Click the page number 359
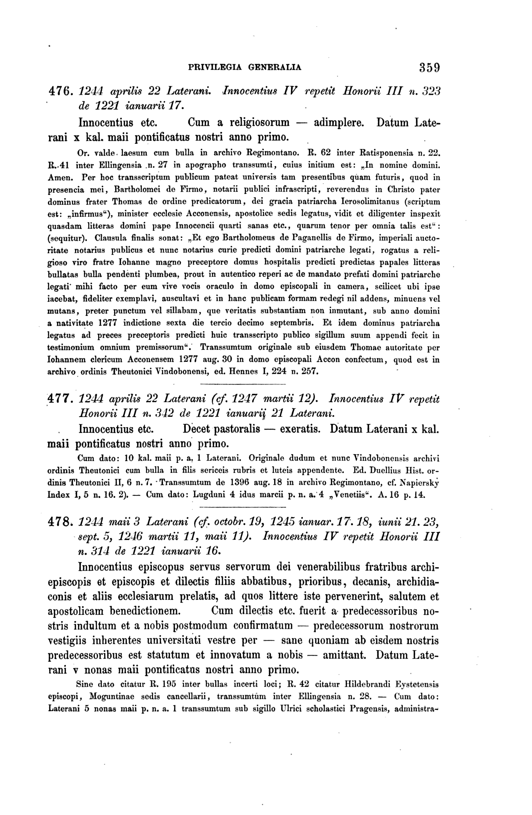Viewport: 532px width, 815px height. tap(429, 67)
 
